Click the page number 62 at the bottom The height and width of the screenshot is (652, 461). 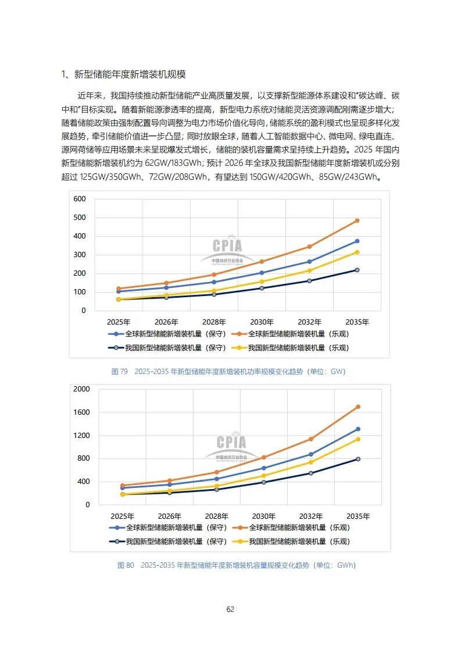tap(230, 610)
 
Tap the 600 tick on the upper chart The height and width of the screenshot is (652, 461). tap(79, 199)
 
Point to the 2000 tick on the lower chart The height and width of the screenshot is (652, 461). tap(82, 389)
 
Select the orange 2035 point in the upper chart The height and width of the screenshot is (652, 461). tap(357, 220)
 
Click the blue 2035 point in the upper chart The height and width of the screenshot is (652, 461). tap(357, 241)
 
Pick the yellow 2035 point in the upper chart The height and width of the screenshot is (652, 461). tap(357, 252)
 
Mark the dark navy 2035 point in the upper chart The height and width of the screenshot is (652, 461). tap(357, 270)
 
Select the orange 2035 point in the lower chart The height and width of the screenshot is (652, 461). tap(358, 407)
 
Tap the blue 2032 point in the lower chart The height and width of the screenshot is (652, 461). tap(311, 454)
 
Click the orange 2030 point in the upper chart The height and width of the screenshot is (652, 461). tap(262, 262)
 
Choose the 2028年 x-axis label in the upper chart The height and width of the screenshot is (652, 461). tap(214, 322)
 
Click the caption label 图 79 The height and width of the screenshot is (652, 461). tap(119, 371)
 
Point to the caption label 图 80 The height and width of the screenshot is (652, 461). tap(126, 565)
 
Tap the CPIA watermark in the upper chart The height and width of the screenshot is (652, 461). tap(227, 247)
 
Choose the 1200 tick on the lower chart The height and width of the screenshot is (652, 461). tap(82, 435)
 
